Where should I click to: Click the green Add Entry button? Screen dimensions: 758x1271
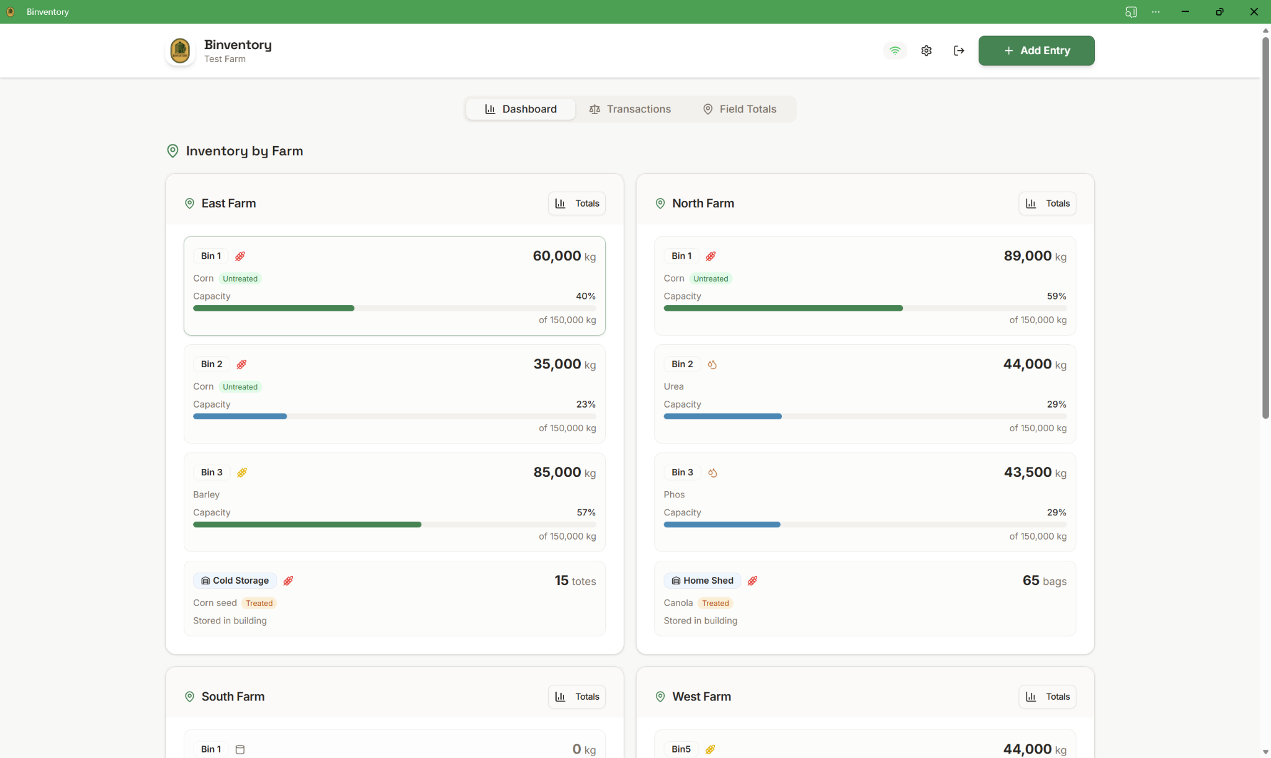pyautogui.click(x=1036, y=51)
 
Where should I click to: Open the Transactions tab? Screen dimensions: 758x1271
pyautogui.click(x=630, y=109)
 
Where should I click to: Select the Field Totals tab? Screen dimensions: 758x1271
pyautogui.click(x=739, y=109)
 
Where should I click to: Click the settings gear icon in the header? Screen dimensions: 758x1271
pyautogui.click(x=926, y=51)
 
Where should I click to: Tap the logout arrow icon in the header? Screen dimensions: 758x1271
pyautogui.click(x=959, y=51)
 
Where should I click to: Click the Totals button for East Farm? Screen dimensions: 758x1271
pyautogui.click(x=577, y=203)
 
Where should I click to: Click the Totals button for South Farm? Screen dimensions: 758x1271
pyautogui.click(x=577, y=697)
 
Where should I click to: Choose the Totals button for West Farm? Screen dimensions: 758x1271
pyautogui.click(x=1047, y=697)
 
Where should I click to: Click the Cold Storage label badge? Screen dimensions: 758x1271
pyautogui.click(x=235, y=581)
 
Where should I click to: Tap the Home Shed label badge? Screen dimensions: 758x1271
pyautogui.click(x=702, y=581)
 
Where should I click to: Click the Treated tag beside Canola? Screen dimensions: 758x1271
pyautogui.click(x=715, y=603)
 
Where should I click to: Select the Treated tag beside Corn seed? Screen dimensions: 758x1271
pyautogui.click(x=259, y=603)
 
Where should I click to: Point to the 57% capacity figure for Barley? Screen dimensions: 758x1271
pyautogui.click(x=586, y=512)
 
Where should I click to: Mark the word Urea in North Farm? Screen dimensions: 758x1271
pyautogui.click(x=673, y=386)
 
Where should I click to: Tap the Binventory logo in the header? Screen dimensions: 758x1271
pyautogui.click(x=180, y=51)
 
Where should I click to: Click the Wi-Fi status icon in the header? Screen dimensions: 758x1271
pyautogui.click(x=894, y=51)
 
